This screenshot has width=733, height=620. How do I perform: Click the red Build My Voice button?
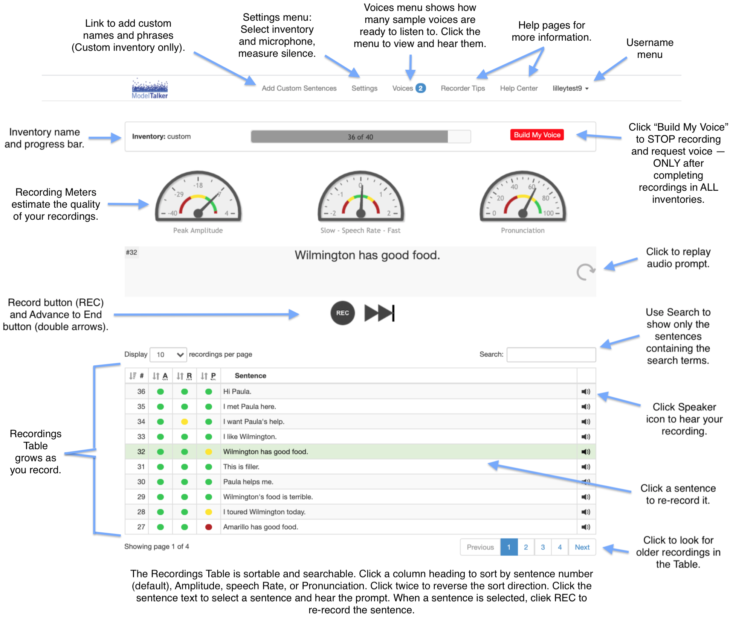[x=537, y=135]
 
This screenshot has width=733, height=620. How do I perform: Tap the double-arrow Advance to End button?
[x=379, y=313]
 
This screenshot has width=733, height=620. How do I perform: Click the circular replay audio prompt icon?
[x=586, y=272]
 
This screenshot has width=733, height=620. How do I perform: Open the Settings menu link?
[x=364, y=88]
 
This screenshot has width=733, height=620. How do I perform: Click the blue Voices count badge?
[x=420, y=88]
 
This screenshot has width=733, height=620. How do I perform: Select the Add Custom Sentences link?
[x=299, y=88]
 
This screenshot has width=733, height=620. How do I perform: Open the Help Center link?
[x=519, y=88]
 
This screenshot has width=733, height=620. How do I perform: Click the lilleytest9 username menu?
[x=570, y=88]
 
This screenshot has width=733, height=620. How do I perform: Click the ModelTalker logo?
[x=150, y=89]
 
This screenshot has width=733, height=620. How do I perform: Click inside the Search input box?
[x=551, y=354]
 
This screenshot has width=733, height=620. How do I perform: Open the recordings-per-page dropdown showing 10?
[x=168, y=354]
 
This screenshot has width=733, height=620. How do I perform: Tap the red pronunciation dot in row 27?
[x=209, y=527]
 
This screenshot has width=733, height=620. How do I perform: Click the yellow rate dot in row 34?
[x=185, y=421]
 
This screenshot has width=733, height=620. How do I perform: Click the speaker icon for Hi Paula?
[x=586, y=391]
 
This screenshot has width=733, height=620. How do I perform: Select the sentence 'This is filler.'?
[x=241, y=467]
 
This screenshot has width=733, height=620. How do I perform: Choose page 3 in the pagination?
[x=543, y=547]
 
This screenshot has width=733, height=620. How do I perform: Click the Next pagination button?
[x=582, y=547]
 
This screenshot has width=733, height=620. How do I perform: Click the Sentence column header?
[x=250, y=375]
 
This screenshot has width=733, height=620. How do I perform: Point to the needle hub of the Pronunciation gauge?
[x=523, y=214]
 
